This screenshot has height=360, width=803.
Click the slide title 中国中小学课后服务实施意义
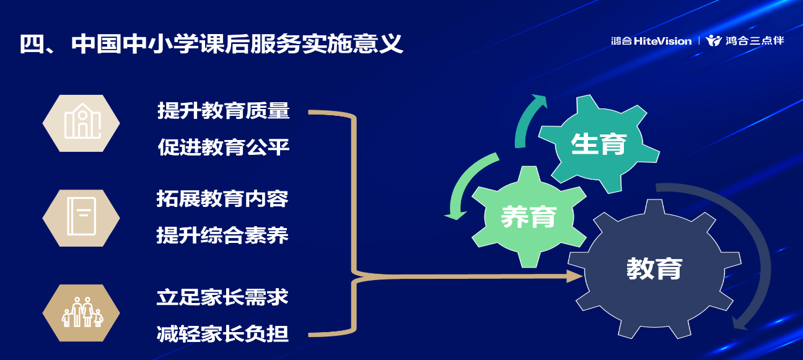pos(237,44)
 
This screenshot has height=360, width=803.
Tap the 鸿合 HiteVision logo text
pos(651,41)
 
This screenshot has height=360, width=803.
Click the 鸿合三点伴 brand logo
pos(745,40)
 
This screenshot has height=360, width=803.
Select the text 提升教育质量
pos(223,110)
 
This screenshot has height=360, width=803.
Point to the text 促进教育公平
pos(223,147)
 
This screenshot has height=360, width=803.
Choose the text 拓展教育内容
pos(222,199)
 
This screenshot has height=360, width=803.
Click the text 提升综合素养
pos(222,235)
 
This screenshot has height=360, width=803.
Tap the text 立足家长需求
pos(222,297)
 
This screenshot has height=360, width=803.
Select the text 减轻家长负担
pos(222,334)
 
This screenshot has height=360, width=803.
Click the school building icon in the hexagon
pos(82,121)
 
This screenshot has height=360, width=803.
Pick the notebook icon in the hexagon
pos(82,216)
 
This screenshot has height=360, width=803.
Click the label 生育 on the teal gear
pos(599,144)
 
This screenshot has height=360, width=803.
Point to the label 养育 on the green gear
pos(529,217)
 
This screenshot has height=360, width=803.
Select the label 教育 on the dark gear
pos(654,268)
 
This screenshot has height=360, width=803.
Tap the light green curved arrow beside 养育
pos(462,183)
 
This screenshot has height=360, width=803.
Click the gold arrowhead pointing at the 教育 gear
pos(574,276)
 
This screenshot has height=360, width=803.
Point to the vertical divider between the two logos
pos(699,40)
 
